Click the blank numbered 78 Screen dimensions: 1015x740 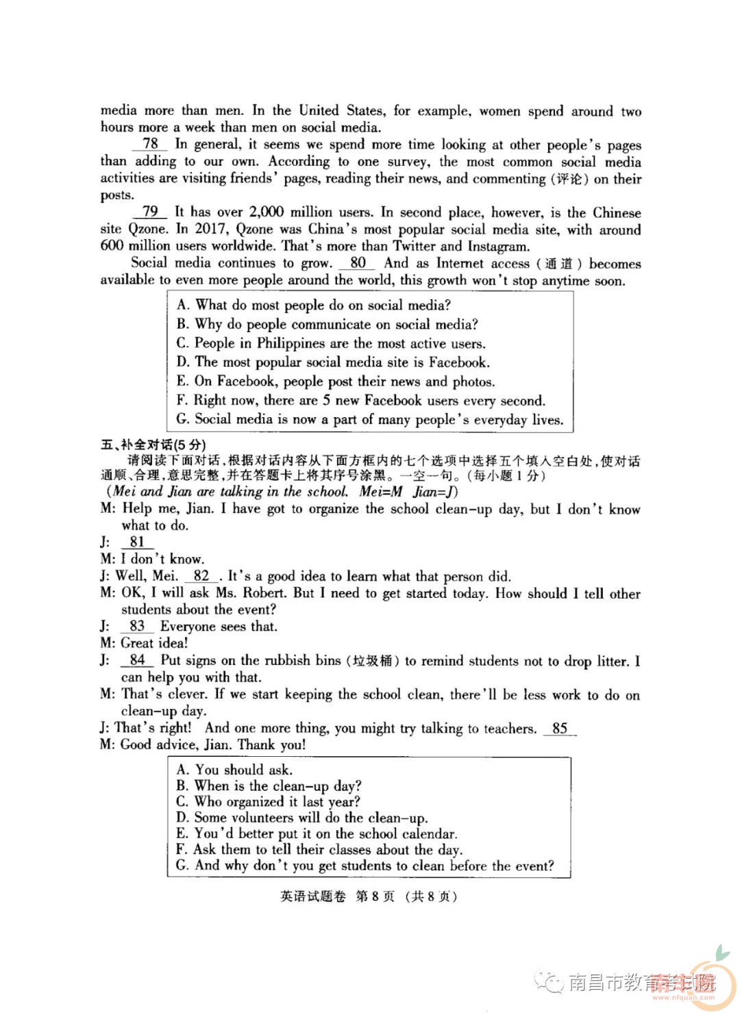click(x=150, y=144)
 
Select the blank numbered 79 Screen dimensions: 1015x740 click(x=150, y=212)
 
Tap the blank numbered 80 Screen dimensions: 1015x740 click(x=358, y=263)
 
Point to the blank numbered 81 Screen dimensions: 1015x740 click(x=137, y=542)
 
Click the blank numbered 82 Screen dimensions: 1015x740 click(x=201, y=576)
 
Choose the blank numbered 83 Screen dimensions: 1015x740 click(x=137, y=626)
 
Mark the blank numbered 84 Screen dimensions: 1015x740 click(x=137, y=660)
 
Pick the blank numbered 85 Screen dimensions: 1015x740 click(x=560, y=728)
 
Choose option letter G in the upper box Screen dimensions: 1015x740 click(x=182, y=419)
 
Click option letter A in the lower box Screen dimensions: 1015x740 click(x=182, y=770)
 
